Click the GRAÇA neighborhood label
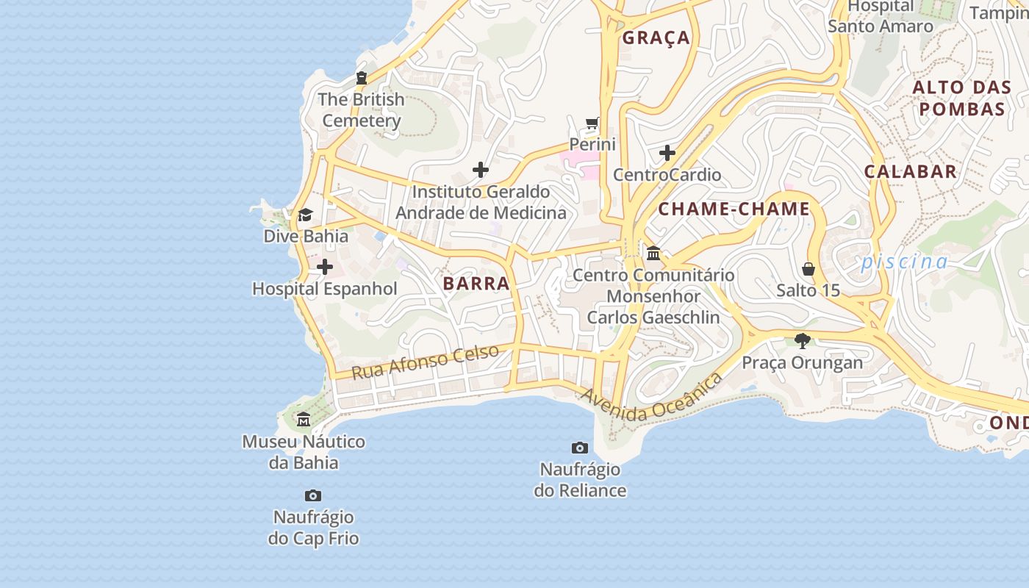[656, 38]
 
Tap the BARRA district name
[476, 284]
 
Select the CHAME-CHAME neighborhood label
[734, 209]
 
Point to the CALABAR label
[910, 172]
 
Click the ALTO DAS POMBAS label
[961, 98]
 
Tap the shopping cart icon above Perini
[592, 123]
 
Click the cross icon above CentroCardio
[667, 153]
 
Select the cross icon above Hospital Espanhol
[325, 267]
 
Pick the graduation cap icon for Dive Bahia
[305, 215]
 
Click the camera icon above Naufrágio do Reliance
[580, 448]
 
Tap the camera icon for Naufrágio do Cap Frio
[313, 495]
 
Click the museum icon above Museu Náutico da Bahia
[303, 420]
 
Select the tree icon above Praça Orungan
[802, 341]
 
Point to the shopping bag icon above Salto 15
[808, 269]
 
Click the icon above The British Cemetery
[361, 77]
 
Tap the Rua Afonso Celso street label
[425, 362]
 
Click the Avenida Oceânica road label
[651, 400]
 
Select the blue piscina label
[904, 262]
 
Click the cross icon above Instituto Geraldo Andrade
[481, 170]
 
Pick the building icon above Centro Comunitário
[653, 254]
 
